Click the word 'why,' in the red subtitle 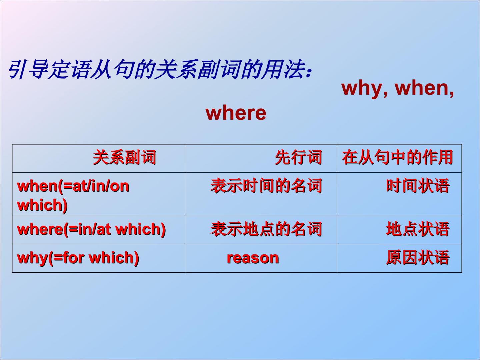coord(365,89)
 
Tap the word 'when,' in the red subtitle coord(424,89)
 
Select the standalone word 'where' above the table coord(236,113)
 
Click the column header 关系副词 coord(124,157)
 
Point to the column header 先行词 coord(298,157)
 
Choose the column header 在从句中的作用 coord(397,157)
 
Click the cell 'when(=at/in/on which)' coord(73,196)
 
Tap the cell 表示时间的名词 coord(266,186)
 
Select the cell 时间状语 coord(418,186)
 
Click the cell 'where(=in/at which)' coord(91,230)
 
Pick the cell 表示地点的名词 coord(266,229)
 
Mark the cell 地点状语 coord(418,229)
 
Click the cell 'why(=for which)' coord(78,258)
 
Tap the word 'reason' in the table coord(253,258)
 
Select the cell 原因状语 coord(418,258)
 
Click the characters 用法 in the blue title coord(284,69)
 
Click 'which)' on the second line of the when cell coord(42,205)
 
